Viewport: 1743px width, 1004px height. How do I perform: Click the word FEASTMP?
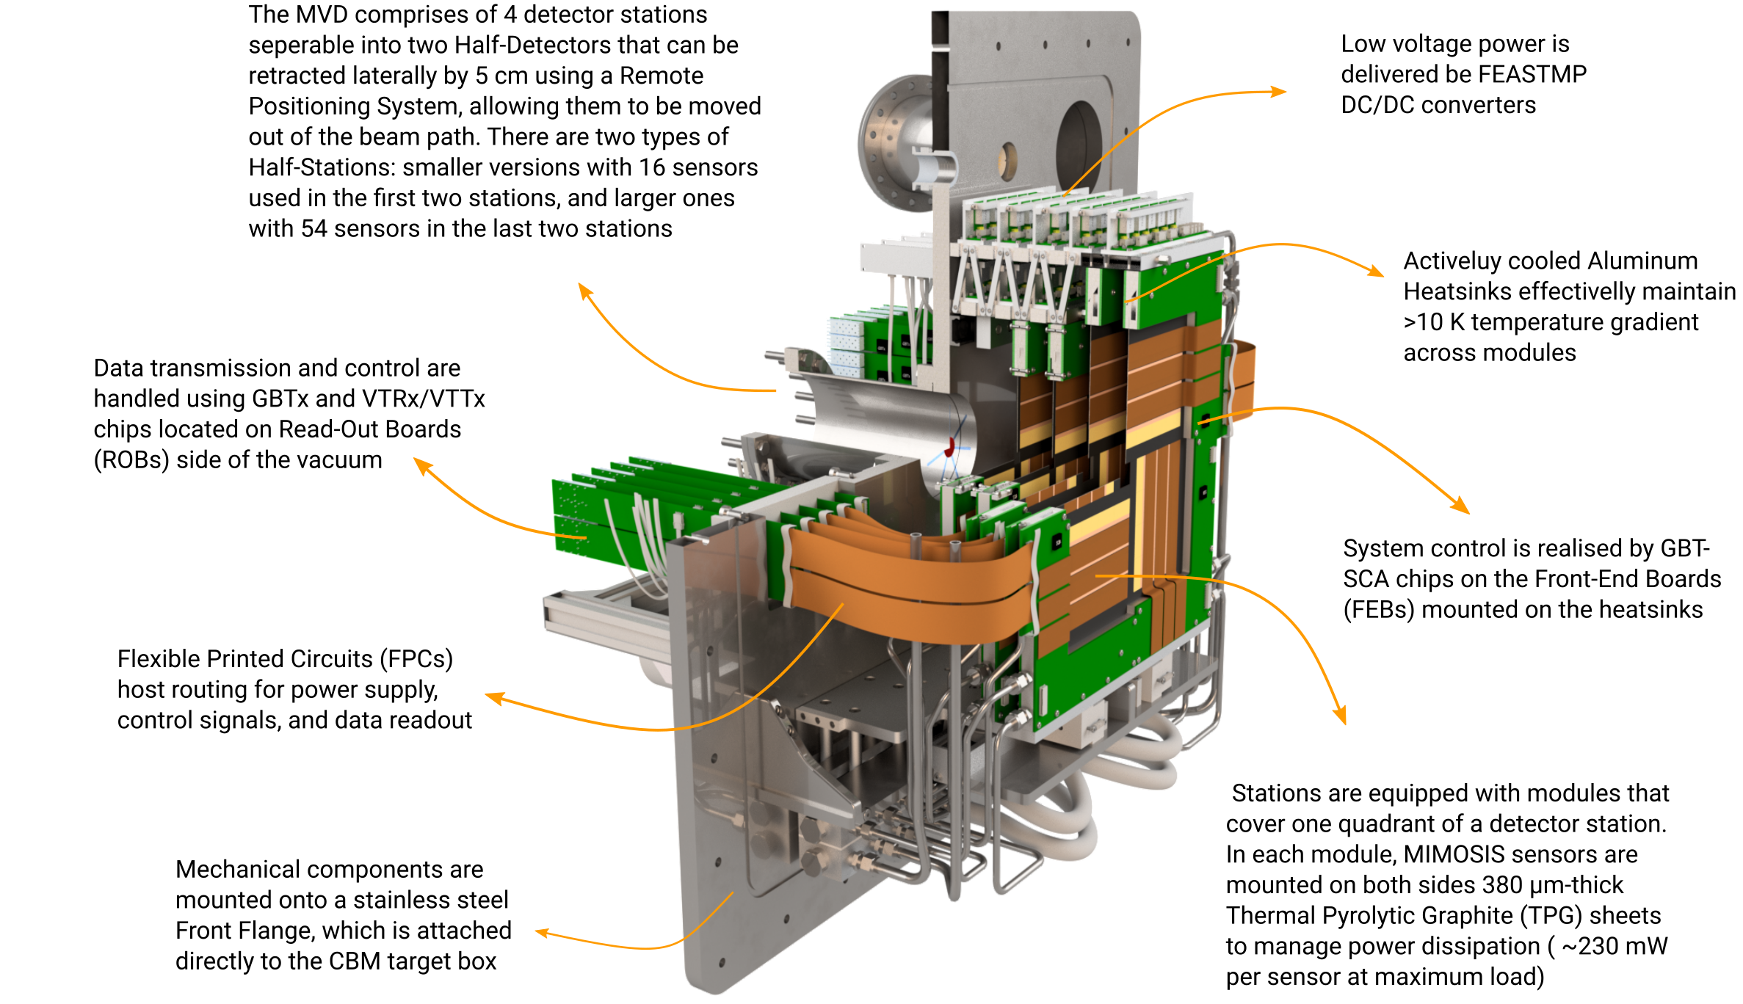click(x=1532, y=74)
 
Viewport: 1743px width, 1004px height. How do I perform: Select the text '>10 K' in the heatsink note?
click(x=1434, y=322)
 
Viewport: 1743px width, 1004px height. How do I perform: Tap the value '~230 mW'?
click(x=1615, y=947)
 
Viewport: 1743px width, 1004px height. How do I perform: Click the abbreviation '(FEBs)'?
click(x=1379, y=610)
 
